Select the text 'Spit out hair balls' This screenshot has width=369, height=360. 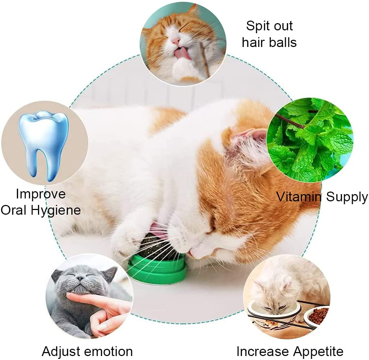269,34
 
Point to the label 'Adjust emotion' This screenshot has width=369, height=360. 87,351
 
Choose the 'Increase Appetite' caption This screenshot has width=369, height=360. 290,351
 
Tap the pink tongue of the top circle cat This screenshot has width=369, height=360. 179,54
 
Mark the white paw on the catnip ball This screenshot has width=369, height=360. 127,242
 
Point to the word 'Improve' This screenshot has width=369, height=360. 41,194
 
